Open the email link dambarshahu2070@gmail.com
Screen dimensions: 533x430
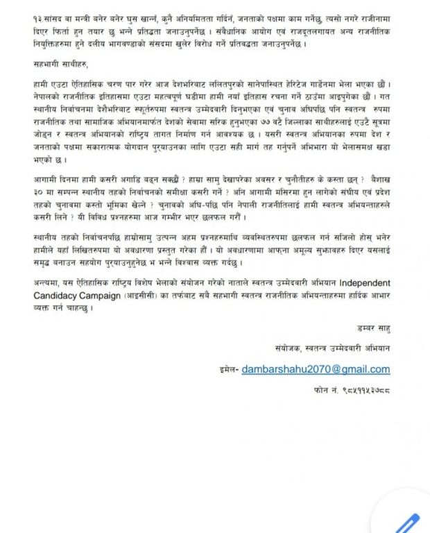coord(316,370)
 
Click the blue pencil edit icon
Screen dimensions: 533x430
coord(409,519)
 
